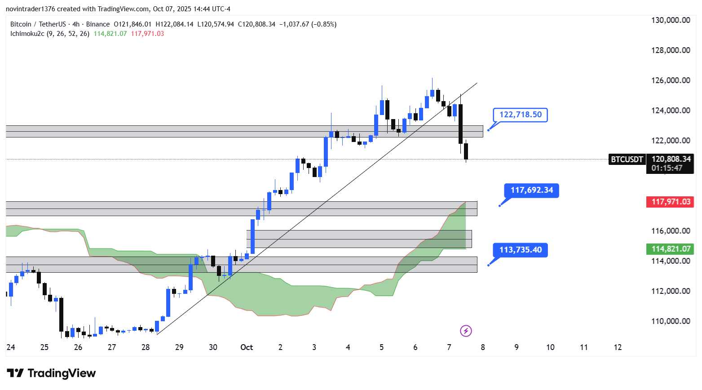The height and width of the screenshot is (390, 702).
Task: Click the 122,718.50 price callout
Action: coord(520,115)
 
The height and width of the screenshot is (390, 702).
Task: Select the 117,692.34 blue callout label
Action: coord(531,190)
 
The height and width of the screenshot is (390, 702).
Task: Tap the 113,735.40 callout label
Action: coord(520,250)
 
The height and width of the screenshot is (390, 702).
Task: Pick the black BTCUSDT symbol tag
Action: coord(627,159)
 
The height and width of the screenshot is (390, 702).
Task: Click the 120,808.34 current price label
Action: coord(671,159)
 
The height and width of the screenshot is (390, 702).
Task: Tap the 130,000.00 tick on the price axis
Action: coord(671,20)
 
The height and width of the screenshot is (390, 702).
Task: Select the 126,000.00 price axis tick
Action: coord(671,80)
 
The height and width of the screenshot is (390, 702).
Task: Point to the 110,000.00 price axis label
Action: coord(671,321)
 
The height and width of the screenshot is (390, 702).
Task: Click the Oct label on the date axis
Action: coord(247,347)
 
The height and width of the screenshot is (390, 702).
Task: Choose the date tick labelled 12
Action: coord(618,347)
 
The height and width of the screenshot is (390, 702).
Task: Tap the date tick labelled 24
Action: coord(11,347)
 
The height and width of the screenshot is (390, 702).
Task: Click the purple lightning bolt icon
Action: coord(466,331)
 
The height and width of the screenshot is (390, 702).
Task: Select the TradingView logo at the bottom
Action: coord(51,373)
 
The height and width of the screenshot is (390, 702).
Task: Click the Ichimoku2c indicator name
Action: coord(27,34)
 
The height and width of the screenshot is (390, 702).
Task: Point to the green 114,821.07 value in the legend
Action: coord(110,34)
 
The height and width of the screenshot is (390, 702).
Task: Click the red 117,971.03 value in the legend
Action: coord(147,34)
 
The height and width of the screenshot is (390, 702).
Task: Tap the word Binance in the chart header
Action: coord(98,24)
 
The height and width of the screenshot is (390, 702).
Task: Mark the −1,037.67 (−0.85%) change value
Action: coord(308,24)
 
